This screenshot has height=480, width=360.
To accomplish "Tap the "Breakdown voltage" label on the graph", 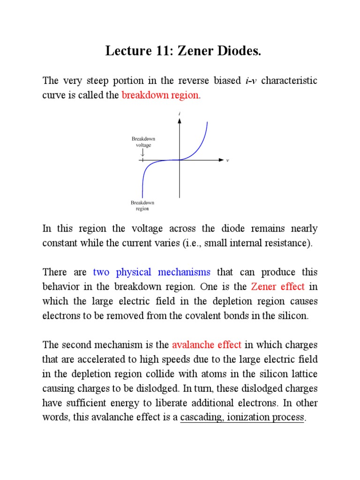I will [142, 142].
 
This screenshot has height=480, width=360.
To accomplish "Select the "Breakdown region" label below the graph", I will [142, 205].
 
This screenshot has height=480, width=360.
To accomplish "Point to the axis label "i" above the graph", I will [180, 113].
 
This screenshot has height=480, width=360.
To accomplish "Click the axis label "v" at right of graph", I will [227, 160].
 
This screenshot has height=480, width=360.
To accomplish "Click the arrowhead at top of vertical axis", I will [180, 120].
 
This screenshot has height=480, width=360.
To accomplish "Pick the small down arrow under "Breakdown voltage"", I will [142, 153].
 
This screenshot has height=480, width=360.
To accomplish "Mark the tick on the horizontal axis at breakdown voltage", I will [142, 160].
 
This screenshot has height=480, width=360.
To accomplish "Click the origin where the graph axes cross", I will [180, 160].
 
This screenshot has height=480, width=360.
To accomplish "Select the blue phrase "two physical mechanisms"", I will [152, 272].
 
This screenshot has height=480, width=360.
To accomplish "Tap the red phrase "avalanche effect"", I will [207, 345].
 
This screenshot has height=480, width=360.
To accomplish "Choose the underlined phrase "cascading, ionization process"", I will [242, 418].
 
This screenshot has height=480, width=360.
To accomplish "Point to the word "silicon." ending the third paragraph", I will [294, 315].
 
